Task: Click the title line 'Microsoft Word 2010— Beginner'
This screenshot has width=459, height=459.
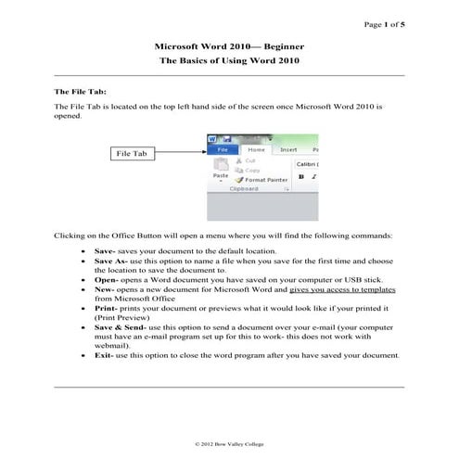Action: pos(229,45)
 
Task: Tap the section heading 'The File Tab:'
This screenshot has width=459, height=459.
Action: pos(81,93)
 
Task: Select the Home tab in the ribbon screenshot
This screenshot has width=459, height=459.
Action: pos(256,148)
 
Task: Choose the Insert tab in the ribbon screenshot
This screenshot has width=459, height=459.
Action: pos(288,148)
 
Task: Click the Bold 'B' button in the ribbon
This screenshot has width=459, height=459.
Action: pos(301,176)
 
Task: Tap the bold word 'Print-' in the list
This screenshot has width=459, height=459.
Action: pos(106,307)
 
